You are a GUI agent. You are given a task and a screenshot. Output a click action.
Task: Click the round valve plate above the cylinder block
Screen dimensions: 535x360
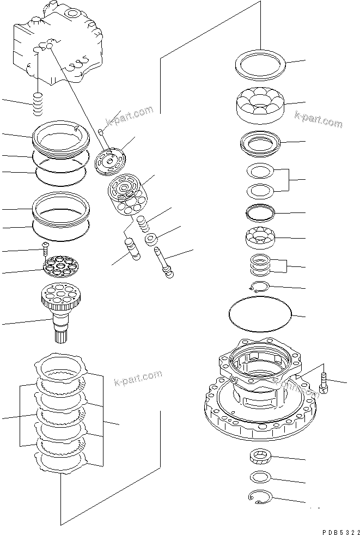pyautogui.click(x=109, y=162)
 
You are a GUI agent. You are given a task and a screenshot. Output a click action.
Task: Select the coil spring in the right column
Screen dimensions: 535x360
pyautogui.click(x=262, y=266)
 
